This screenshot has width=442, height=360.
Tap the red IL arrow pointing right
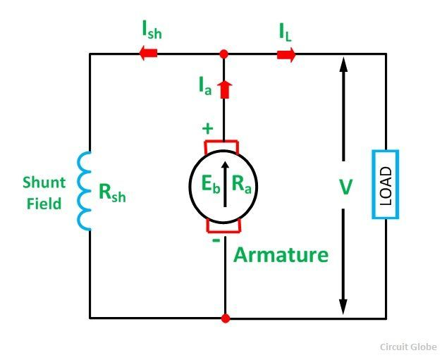tap(286, 54)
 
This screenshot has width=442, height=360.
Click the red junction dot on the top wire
tap(224, 54)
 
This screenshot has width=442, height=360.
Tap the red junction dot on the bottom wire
tap(224, 318)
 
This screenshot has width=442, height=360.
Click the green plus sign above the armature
tap(207, 129)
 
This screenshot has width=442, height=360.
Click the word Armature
tap(281, 254)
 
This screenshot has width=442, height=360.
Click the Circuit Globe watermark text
tap(408, 347)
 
